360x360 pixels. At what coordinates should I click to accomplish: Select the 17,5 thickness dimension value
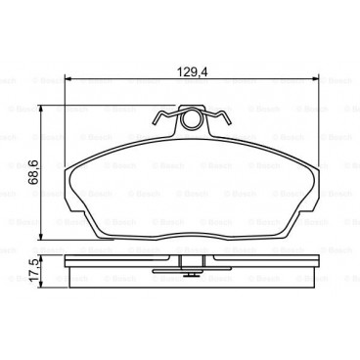click(x=34, y=268)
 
